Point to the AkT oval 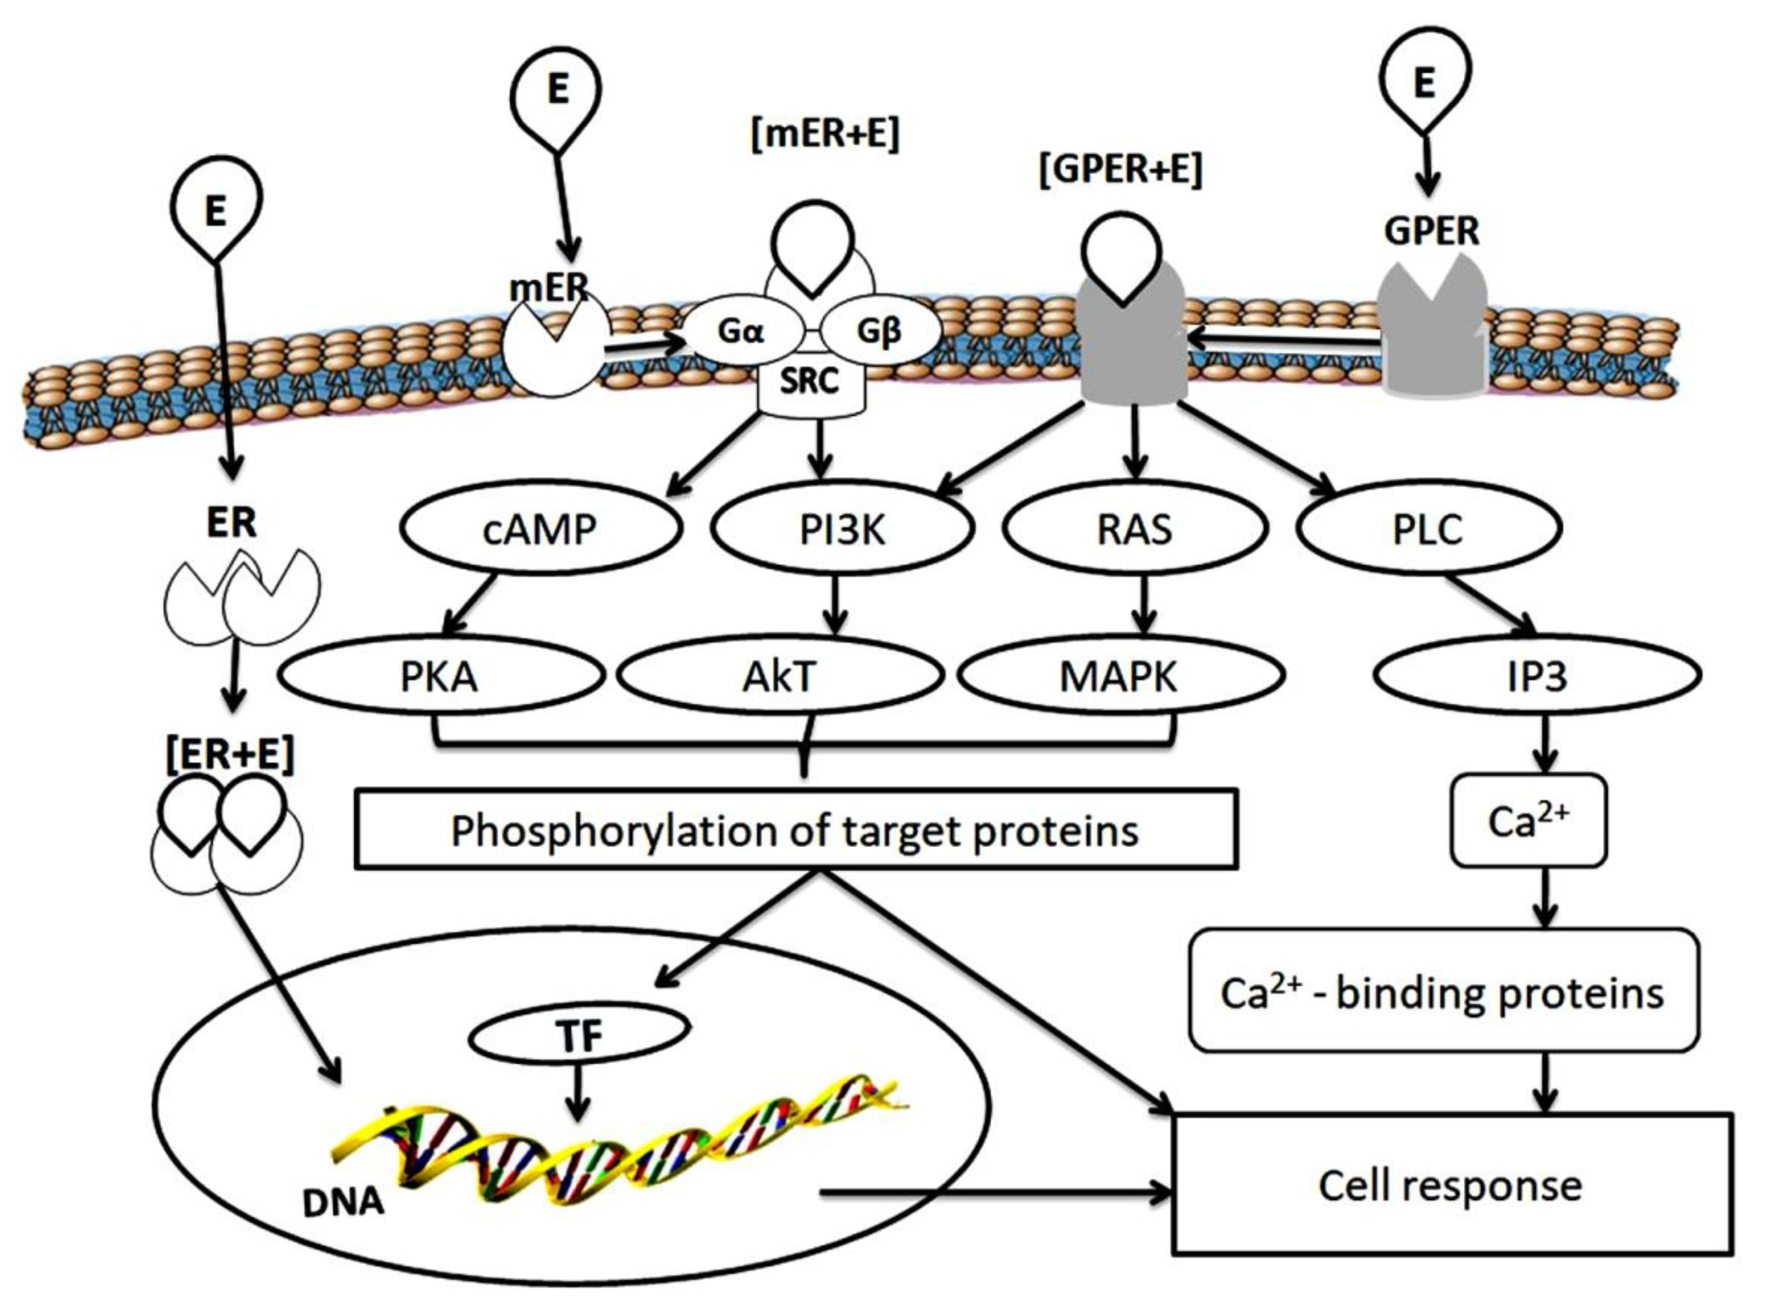pos(780,676)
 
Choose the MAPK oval pos(1119,676)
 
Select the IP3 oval pos(1536,676)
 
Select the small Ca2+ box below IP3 pos(1528,821)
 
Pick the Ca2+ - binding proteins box pos(1442,992)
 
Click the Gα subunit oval pos(742,331)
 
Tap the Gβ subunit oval pos(880,331)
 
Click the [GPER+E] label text pos(1120,169)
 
